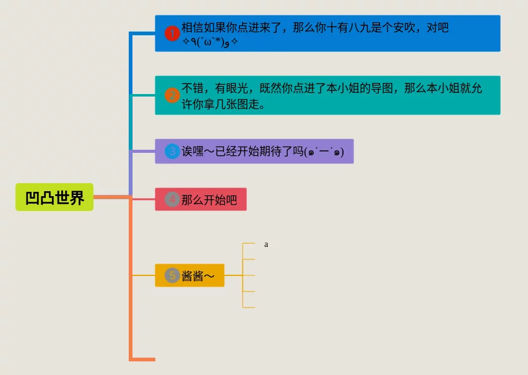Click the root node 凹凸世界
pos(54,197)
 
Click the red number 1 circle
pos(172,33)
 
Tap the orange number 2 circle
pos(172,95)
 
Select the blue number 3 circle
pos(172,151)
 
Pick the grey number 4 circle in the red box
pos(172,200)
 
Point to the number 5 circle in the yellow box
pos(172,275)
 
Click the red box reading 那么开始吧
pos(201,199)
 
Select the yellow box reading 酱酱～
pos(189,275)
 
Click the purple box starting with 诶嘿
pos(254,151)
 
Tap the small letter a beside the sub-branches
pos(266,244)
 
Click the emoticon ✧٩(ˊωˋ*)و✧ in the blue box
pos(210,41)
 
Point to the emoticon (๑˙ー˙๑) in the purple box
pos(325,152)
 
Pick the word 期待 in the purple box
pos(270,151)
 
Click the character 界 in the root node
pos(77,198)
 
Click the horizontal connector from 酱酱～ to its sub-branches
pos(233,275)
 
